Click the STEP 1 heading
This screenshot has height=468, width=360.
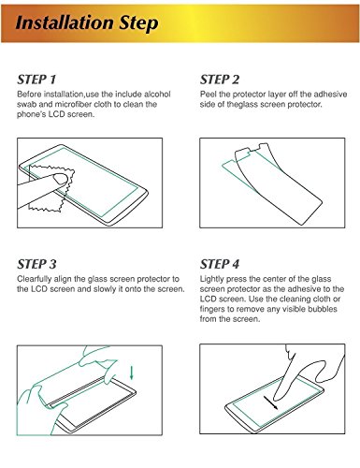[x=36, y=80]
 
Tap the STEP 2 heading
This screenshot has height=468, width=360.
[x=220, y=80]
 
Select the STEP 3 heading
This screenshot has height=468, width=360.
[x=36, y=264]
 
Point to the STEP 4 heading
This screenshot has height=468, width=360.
[x=220, y=264]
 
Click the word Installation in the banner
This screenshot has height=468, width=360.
[x=65, y=22]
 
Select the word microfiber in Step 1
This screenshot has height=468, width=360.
[x=73, y=104]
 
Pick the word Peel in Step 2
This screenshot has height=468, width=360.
[x=208, y=95]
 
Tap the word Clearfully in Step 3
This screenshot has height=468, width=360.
[x=34, y=279]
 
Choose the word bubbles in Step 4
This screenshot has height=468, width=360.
[x=323, y=309]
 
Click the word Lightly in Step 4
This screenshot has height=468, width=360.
[x=212, y=279]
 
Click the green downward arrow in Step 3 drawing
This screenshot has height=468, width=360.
[x=132, y=373]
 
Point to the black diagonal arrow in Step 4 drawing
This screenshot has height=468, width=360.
[x=270, y=402]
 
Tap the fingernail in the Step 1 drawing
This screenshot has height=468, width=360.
[x=60, y=179]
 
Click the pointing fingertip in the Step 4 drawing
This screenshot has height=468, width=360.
[x=277, y=397]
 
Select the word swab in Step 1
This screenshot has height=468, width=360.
[x=26, y=104]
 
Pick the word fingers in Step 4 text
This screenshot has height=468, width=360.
[x=212, y=309]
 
